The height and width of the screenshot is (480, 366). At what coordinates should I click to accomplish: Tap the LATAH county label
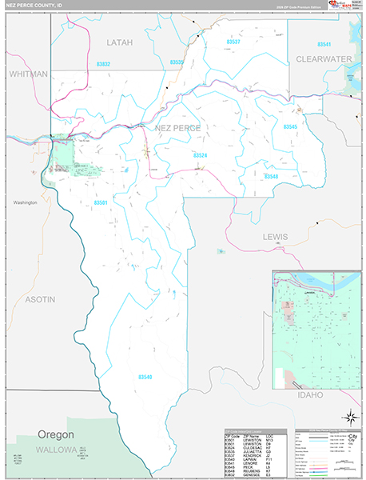pyautogui.click(x=119, y=42)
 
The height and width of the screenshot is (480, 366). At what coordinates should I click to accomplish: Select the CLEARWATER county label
pyautogui.click(x=324, y=59)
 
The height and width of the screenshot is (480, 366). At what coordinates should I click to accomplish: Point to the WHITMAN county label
pyautogui.click(x=29, y=74)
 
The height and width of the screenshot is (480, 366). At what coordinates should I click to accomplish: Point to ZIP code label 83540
pyautogui.click(x=145, y=377)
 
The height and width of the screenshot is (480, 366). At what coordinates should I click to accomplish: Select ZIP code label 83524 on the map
pyautogui.click(x=200, y=155)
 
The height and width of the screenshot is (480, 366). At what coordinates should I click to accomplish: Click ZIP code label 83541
pyautogui.click(x=324, y=44)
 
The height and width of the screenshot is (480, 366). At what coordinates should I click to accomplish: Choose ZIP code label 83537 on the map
pyautogui.click(x=233, y=41)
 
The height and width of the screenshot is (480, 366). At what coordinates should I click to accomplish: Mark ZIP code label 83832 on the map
pyautogui.click(x=104, y=63)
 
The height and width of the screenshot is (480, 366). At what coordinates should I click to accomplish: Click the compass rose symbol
pyautogui.click(x=348, y=416)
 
